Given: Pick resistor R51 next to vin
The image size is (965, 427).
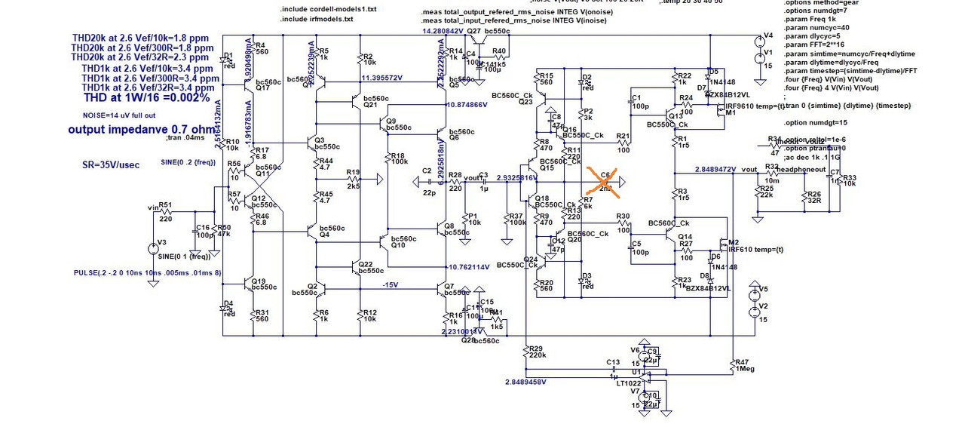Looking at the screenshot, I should (x=165, y=212).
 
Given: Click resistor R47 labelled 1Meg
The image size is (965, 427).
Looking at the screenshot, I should (x=732, y=365).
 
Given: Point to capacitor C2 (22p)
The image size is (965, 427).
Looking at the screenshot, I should (x=427, y=182).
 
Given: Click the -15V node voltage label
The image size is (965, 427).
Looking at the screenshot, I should (x=390, y=285).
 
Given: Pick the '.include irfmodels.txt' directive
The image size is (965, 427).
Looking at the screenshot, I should (x=317, y=19).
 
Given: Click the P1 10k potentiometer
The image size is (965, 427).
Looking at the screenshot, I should (x=465, y=218).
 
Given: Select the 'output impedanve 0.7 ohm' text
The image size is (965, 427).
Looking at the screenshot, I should (x=141, y=130).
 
